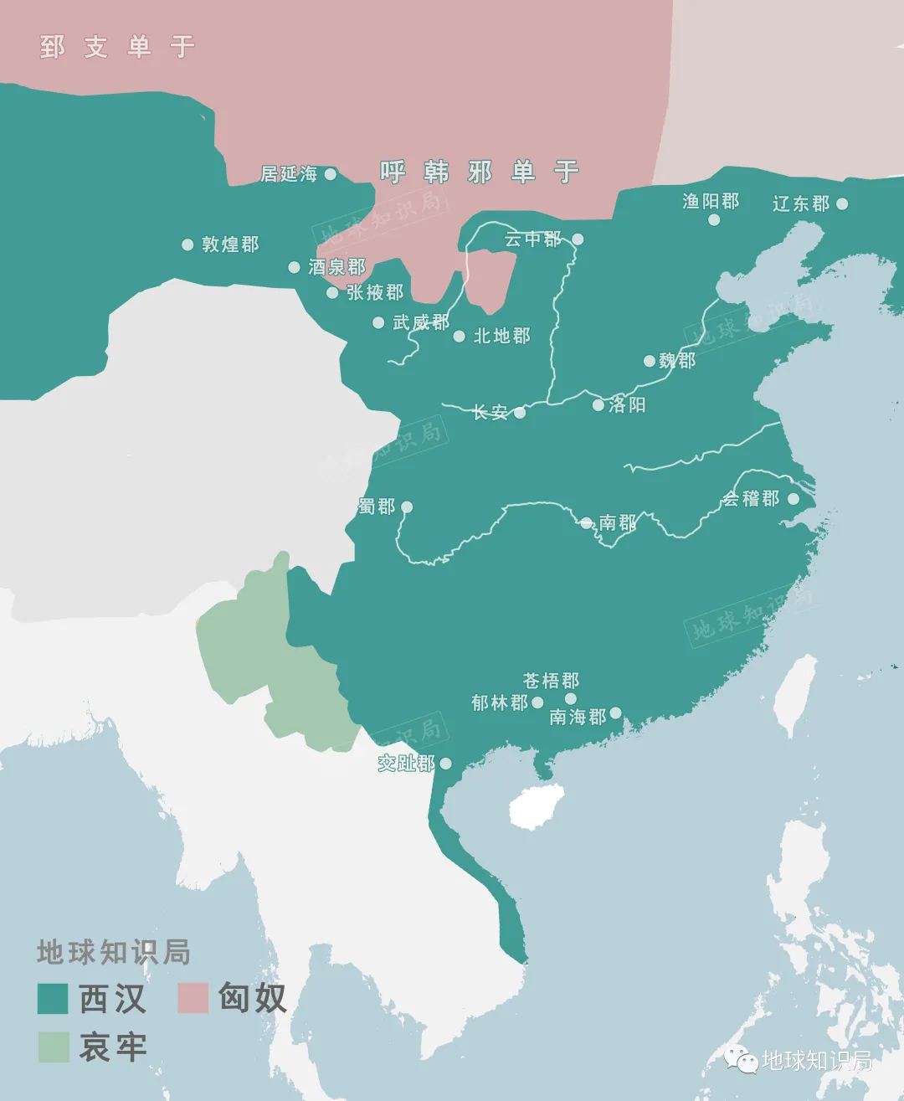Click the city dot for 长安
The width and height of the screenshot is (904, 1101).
pos(520,412)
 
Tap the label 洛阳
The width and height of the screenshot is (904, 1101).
pos(627,405)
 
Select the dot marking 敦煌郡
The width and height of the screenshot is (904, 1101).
pos(187,244)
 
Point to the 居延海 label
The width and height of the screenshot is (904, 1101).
pos(289,174)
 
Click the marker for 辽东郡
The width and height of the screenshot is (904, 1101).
pos(842,203)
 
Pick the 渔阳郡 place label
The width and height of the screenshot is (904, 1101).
pos(711,201)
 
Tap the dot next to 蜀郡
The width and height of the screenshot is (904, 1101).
pos(407,507)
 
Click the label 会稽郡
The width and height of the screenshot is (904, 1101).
pos(751,499)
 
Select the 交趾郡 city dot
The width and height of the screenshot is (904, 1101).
pos(446,763)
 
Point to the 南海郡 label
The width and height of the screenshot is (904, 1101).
pos(578,717)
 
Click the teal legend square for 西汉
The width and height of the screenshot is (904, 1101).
pos(53,999)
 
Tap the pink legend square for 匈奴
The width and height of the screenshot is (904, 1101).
pos(193,998)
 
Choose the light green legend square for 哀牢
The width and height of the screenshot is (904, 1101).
pos(53,1047)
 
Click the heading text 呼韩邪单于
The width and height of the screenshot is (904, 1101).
pos(480,172)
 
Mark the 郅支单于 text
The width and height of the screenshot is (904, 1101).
pos(117,47)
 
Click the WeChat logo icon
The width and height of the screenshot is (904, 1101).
pos(742,1060)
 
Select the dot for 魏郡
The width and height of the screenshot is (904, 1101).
pos(649,361)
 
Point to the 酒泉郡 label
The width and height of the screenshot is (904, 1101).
pos(336,267)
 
